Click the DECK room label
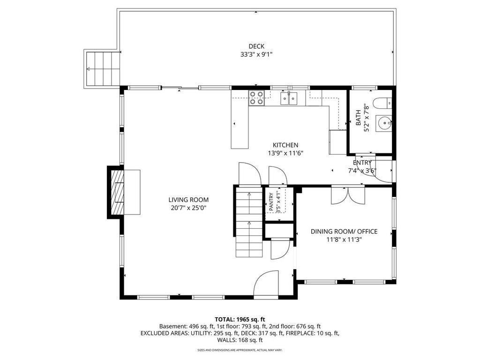(256, 46)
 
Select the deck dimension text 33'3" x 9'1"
(256, 54)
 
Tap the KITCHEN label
(285, 145)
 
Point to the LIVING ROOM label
(188, 200)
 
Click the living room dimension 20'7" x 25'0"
(188, 208)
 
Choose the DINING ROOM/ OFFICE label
(344, 232)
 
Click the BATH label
(359, 118)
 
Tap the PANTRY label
(271, 202)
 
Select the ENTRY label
(362, 163)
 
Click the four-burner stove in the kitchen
(256, 98)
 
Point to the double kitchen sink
(289, 98)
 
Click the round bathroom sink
(384, 123)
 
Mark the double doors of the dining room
(348, 195)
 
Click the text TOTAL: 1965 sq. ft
(240, 320)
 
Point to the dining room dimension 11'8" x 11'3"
(344, 240)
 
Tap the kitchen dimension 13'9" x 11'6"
(285, 153)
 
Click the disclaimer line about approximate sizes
(240, 350)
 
